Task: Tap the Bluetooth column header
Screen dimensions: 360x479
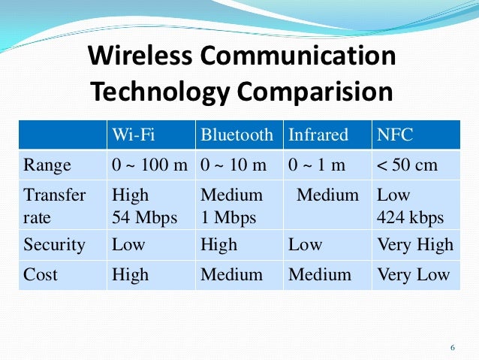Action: [236, 135]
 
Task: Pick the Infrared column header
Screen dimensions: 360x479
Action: [318, 135]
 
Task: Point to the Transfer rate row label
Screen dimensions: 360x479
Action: [55, 207]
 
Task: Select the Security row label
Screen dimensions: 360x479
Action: [55, 245]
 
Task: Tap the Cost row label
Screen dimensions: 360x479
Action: [41, 275]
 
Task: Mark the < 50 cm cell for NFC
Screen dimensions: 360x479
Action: [408, 165]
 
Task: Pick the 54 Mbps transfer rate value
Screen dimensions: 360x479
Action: [145, 218]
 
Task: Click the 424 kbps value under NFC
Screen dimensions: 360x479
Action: [411, 218]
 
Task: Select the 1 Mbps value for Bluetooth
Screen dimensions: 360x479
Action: [228, 218]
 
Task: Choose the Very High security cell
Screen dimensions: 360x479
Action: [415, 245]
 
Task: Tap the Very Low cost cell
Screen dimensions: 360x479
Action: [414, 275]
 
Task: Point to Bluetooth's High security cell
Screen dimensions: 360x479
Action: [218, 245]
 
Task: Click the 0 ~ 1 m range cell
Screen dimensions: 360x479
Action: [317, 165]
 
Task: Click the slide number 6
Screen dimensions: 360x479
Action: [453, 348]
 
